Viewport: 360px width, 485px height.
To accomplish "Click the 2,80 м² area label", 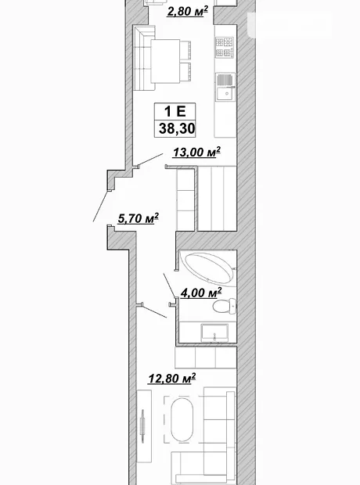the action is (187, 12).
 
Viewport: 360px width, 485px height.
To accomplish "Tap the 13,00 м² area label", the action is (196, 152).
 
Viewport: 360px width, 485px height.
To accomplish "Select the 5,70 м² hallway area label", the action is (138, 218).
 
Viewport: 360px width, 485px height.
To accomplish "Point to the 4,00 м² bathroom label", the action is (201, 293).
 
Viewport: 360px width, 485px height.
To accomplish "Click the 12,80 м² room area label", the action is (172, 378).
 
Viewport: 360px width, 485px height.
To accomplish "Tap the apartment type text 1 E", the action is (175, 111).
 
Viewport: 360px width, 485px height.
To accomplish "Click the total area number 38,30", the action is (177, 128).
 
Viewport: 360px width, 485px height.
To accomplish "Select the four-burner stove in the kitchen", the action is (225, 46).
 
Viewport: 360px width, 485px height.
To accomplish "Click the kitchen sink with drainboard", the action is (225, 87).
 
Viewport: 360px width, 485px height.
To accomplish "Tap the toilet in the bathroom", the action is (225, 306).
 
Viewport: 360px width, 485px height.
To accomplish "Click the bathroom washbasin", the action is (214, 332).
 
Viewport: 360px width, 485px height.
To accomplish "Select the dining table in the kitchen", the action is (166, 61).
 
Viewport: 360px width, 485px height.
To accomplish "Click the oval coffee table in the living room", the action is (182, 419).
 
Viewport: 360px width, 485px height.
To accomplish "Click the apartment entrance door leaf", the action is (101, 206).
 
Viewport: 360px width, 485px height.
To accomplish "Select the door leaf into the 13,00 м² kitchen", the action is (150, 160).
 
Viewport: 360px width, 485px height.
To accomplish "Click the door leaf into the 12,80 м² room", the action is (154, 311).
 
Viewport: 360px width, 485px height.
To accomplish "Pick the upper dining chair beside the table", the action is (185, 50).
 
